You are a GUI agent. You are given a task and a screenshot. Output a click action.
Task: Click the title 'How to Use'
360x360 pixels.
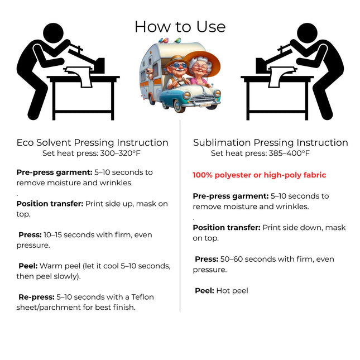pyautogui.click(x=180, y=27)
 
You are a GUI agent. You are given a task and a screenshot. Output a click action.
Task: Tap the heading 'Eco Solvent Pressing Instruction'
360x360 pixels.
pyautogui.click(x=92, y=142)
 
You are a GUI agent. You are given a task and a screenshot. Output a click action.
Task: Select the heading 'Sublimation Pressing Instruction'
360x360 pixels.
pyautogui.click(x=271, y=142)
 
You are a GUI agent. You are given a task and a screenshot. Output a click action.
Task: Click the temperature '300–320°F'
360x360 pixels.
pyautogui.click(x=121, y=153)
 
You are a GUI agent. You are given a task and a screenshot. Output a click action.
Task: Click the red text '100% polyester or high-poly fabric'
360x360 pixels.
pyautogui.click(x=259, y=175)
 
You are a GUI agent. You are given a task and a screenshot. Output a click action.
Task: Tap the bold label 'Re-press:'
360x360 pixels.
pyautogui.click(x=36, y=297)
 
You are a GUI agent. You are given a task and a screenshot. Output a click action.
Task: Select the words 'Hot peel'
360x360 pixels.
pyautogui.click(x=232, y=291)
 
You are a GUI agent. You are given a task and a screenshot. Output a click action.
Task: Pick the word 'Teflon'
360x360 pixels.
pyautogui.click(x=142, y=297)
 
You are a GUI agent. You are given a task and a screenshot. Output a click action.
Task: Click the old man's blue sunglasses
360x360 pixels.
pyautogui.click(x=180, y=66)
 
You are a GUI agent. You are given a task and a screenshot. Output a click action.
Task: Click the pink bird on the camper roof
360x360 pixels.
pyautogui.click(x=165, y=41)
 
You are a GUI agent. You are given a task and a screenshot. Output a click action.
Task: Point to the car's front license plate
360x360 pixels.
pyautogui.click(x=205, y=105)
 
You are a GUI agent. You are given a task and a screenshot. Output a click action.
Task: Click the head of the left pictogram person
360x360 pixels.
pyautogui.click(x=53, y=33)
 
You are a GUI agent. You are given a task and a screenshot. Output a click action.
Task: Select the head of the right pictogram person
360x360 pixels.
pyautogui.click(x=307, y=33)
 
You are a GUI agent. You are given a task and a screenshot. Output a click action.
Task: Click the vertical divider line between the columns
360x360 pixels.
pyautogui.click(x=180, y=216)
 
